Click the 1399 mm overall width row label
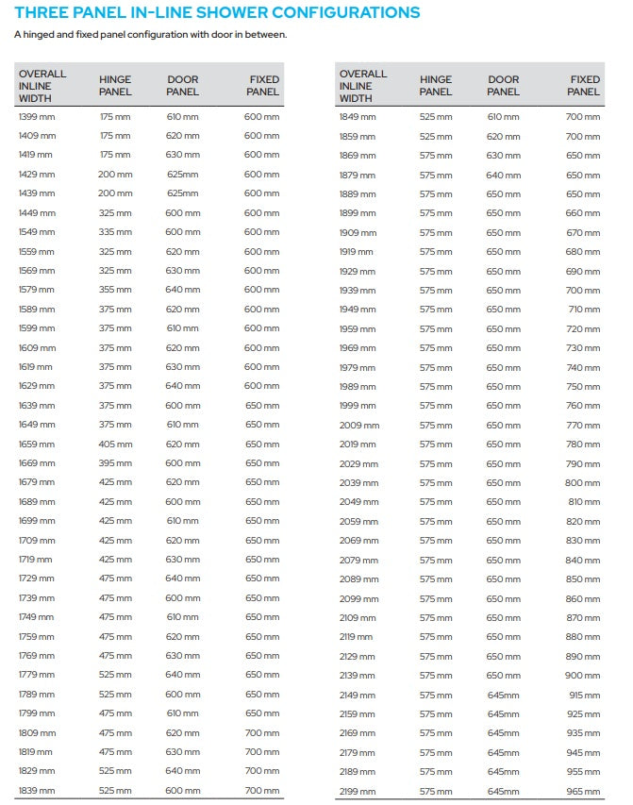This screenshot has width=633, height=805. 37,116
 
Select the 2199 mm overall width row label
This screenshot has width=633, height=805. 358,790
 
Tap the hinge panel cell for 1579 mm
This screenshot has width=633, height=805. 115,290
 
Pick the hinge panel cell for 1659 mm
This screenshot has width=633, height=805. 115,444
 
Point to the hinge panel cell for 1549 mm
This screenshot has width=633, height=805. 115,232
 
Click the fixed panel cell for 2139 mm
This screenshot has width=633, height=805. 582,675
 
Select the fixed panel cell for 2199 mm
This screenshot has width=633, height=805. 582,790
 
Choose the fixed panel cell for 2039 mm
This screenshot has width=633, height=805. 582,482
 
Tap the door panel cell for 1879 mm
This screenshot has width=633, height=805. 503,175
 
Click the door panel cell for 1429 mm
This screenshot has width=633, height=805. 183,175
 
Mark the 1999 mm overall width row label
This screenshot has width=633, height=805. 358,405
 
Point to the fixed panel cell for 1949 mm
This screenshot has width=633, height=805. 584,309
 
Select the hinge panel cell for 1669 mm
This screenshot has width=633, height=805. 115,463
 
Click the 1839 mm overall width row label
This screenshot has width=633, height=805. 37,790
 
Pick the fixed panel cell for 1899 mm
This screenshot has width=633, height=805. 582,213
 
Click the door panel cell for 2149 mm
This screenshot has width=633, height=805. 503,694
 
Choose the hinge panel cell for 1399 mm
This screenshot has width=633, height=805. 115,116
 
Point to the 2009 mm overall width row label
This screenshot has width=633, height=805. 358,425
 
